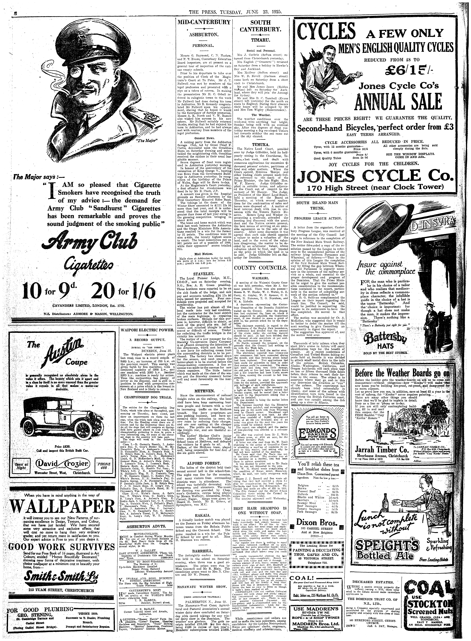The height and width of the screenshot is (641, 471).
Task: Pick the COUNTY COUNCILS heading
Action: (260, 268)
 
